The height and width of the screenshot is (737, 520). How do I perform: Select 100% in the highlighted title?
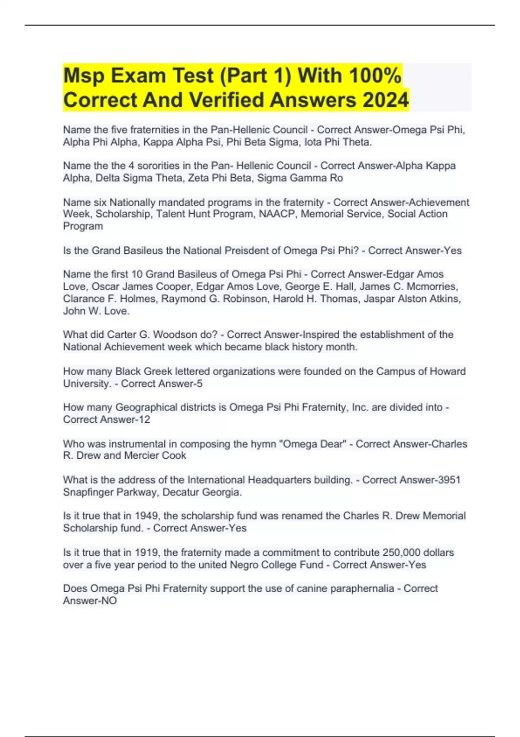point(374,76)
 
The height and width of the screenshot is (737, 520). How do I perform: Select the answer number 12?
point(143,420)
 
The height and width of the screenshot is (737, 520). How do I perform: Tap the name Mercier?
point(141,456)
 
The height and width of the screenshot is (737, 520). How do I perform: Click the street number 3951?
point(448,480)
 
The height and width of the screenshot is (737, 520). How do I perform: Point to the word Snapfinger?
point(88,492)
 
